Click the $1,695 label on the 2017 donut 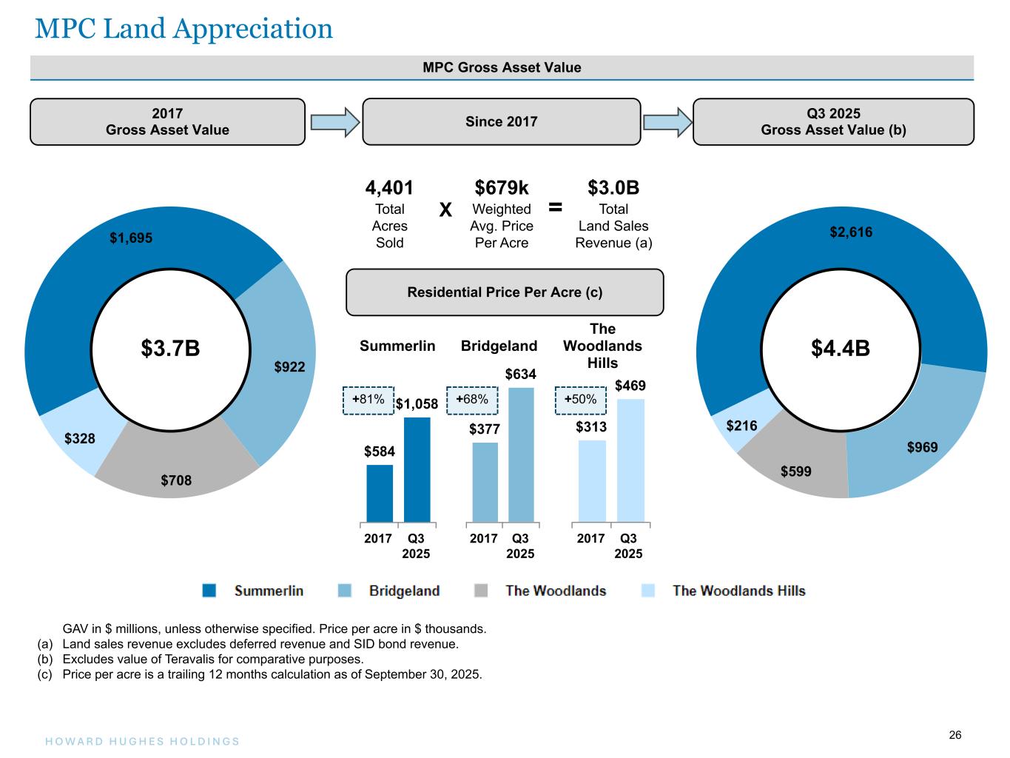[x=131, y=238]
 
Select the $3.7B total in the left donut [x=170, y=348]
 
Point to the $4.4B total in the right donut [x=840, y=348]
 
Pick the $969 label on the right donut [x=923, y=447]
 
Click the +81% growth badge [x=368, y=400]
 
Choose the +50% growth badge [x=581, y=400]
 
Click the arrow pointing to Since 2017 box [x=334, y=122]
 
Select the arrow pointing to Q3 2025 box [x=667, y=122]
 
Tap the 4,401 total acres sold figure [x=389, y=188]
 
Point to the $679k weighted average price [x=502, y=188]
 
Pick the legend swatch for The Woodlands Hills [x=648, y=591]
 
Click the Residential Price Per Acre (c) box [x=505, y=292]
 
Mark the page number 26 [x=955, y=735]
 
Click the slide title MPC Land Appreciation [x=184, y=29]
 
